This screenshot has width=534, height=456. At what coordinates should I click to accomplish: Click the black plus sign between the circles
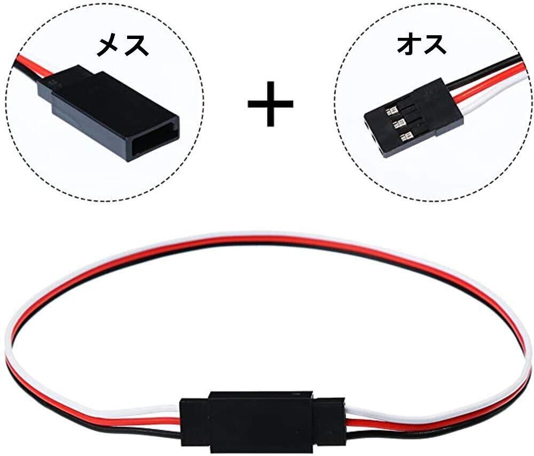(271, 103)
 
